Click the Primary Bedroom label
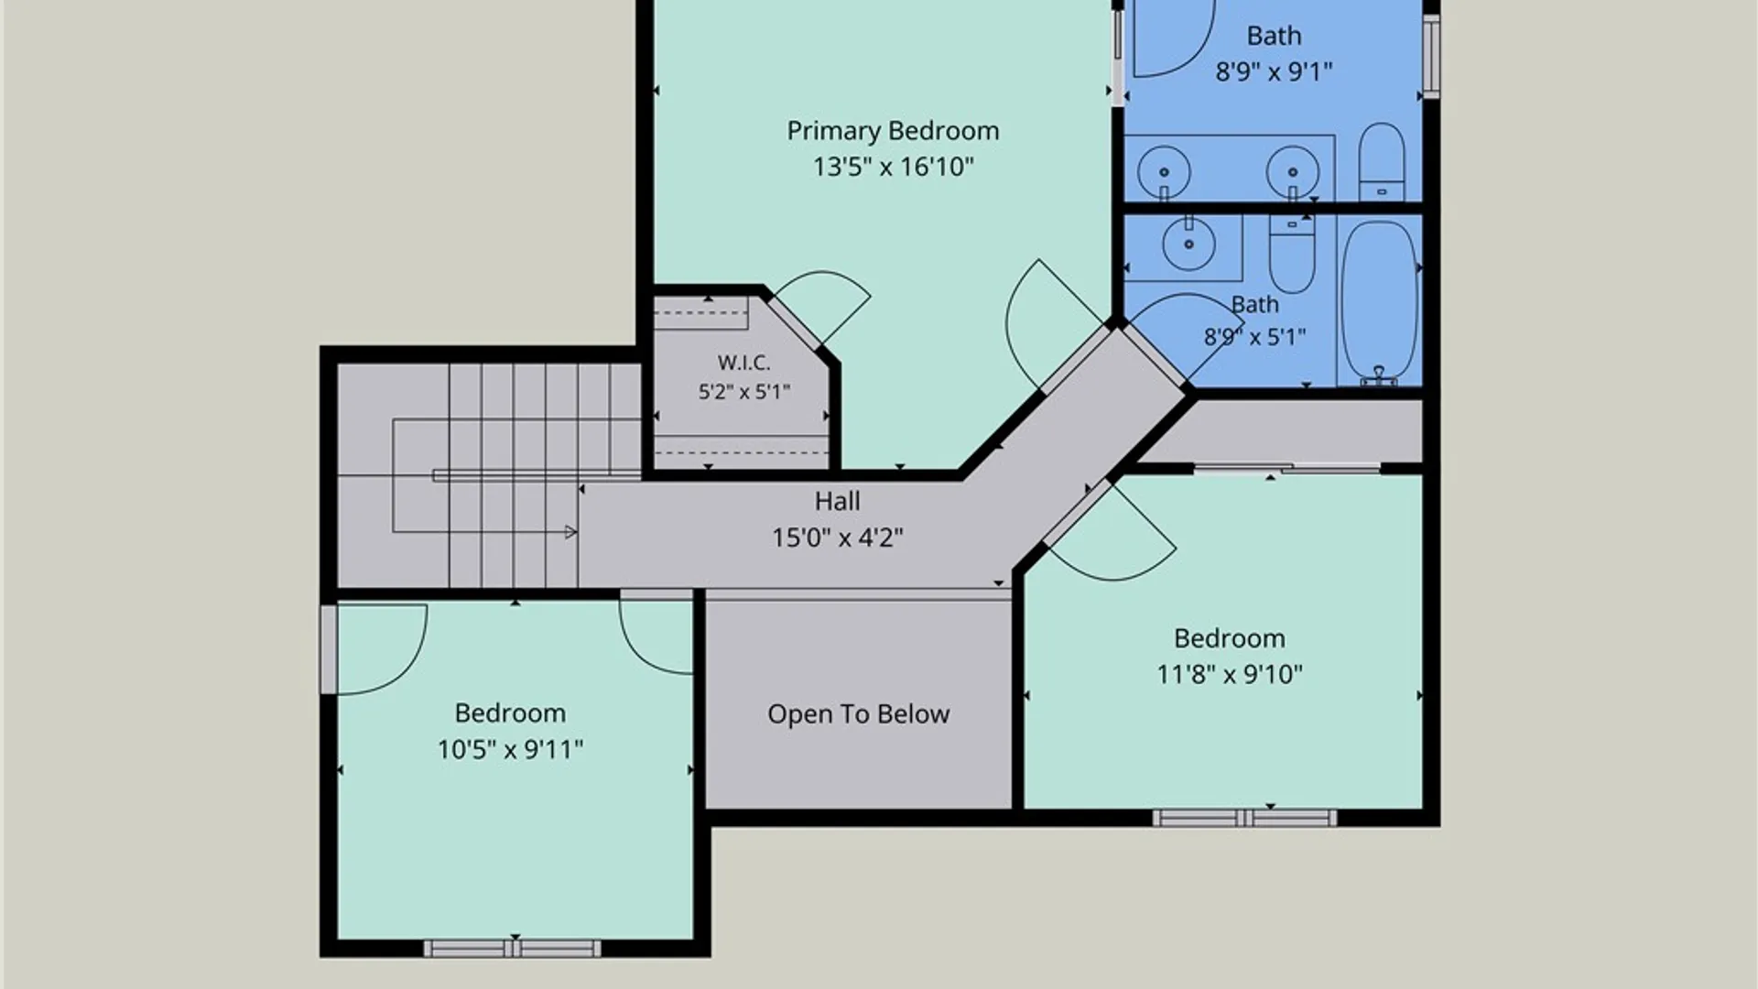click(x=893, y=131)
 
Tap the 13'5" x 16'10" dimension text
click(x=893, y=167)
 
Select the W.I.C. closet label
click(x=743, y=363)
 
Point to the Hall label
click(x=837, y=501)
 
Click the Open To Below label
click(x=858, y=714)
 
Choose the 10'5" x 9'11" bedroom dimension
click(x=510, y=750)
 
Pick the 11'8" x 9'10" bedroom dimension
click(x=1230, y=675)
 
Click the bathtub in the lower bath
click(x=1379, y=302)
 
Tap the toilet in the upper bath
click(x=1381, y=162)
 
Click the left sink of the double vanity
click(x=1164, y=171)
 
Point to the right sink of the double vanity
click(x=1293, y=171)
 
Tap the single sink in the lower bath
click(x=1188, y=244)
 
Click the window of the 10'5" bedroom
click(x=513, y=949)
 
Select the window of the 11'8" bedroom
click(x=1244, y=818)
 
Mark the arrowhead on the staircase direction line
click(x=571, y=532)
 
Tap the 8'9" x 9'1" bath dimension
click(x=1274, y=71)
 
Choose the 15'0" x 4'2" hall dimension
click(x=837, y=538)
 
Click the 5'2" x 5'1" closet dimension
click(x=743, y=392)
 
